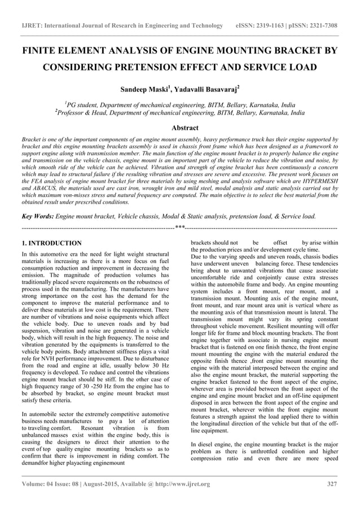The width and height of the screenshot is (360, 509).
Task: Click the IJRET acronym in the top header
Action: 32,26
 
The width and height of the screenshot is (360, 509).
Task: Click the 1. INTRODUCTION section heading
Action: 51,243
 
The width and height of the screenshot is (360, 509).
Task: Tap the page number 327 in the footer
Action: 332,484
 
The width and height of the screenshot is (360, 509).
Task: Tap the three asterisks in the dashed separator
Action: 180,227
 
